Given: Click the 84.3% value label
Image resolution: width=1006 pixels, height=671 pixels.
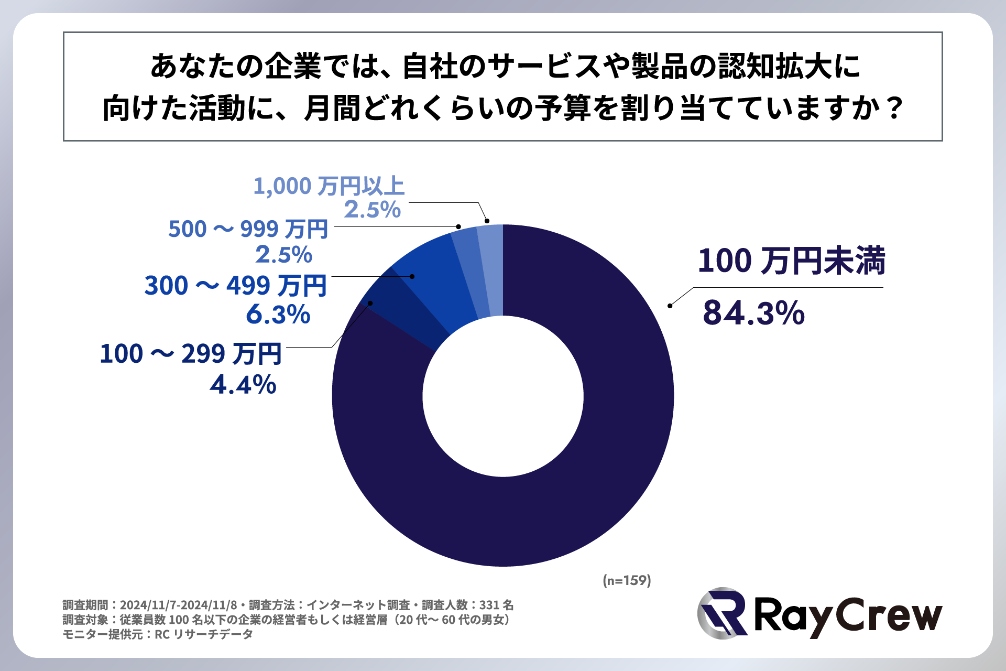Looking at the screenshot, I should pos(753,313).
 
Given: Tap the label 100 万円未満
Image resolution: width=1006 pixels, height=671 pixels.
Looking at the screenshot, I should pos(791,261).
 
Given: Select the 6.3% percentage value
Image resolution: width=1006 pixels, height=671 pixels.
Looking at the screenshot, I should pos(278,314).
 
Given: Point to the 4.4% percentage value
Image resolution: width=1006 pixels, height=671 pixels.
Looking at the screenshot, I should pos(243,384).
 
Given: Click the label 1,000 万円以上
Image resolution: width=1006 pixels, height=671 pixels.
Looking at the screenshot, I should pos(329,186).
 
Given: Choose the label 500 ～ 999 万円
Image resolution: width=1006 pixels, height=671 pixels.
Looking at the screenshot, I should pos(248,229).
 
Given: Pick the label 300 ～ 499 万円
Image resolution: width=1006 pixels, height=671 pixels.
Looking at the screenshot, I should pos(236,286).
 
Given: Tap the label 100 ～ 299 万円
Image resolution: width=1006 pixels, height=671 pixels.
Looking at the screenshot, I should pos(191,354).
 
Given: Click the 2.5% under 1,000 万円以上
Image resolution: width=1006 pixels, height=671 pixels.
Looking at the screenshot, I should pos(372,210).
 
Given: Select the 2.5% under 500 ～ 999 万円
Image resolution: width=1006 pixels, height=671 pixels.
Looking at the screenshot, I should pos(284,255).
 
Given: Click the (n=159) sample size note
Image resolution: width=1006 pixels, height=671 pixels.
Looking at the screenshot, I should pos(627,580).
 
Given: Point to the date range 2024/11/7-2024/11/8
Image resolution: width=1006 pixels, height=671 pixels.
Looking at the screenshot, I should pos(179,605).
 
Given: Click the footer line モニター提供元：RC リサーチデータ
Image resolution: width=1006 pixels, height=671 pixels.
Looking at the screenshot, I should pos(158,634).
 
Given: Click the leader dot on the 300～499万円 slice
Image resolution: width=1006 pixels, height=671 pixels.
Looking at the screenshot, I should pos(412,276).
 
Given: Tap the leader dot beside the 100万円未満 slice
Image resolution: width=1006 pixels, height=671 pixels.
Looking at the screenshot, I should pos(670,306).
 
